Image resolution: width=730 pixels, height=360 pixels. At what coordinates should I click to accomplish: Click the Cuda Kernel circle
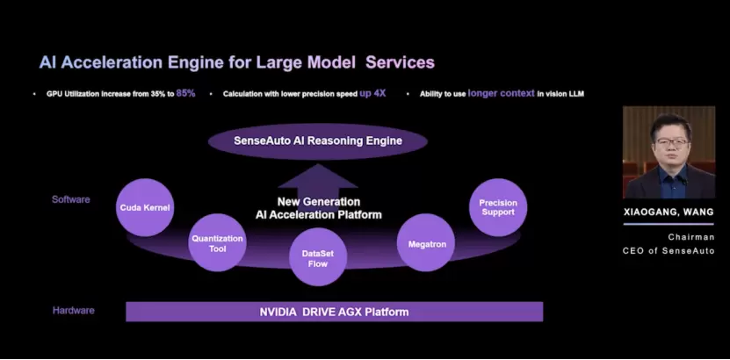click(x=146, y=207)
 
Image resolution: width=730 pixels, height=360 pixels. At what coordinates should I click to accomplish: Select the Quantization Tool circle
click(x=217, y=242)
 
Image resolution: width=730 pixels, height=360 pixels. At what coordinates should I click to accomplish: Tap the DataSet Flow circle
click(x=318, y=257)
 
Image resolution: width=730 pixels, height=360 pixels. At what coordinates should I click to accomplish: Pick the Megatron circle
click(x=426, y=243)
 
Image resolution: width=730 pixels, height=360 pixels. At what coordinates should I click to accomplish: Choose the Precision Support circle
click(x=498, y=207)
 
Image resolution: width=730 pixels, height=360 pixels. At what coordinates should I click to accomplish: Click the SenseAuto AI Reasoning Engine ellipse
click(x=317, y=140)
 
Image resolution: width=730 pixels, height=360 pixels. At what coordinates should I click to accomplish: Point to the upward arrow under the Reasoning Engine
click(x=317, y=179)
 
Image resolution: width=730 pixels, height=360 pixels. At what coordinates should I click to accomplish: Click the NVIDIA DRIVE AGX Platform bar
click(x=334, y=312)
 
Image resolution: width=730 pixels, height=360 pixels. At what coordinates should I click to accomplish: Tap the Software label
click(x=70, y=199)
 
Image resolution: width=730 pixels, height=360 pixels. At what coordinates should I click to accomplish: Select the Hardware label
click(x=73, y=311)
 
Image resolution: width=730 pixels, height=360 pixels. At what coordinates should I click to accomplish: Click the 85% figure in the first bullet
click(x=185, y=92)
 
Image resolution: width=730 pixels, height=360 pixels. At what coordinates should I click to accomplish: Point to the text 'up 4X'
click(x=372, y=92)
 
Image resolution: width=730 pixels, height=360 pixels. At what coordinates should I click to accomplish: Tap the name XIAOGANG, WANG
click(x=669, y=212)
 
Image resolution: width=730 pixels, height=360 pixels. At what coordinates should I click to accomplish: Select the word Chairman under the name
click(x=691, y=237)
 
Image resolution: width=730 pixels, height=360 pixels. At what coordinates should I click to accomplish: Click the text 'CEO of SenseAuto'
click(x=669, y=251)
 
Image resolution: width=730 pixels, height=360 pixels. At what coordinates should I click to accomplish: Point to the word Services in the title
click(x=400, y=62)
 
